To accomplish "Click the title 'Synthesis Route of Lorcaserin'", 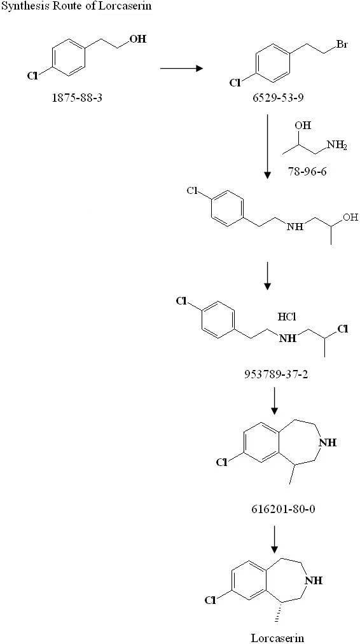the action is [x=76, y=6].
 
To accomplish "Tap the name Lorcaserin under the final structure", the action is [x=278, y=638].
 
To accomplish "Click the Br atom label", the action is [x=341, y=45].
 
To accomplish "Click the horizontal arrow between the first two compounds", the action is [x=182, y=68].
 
